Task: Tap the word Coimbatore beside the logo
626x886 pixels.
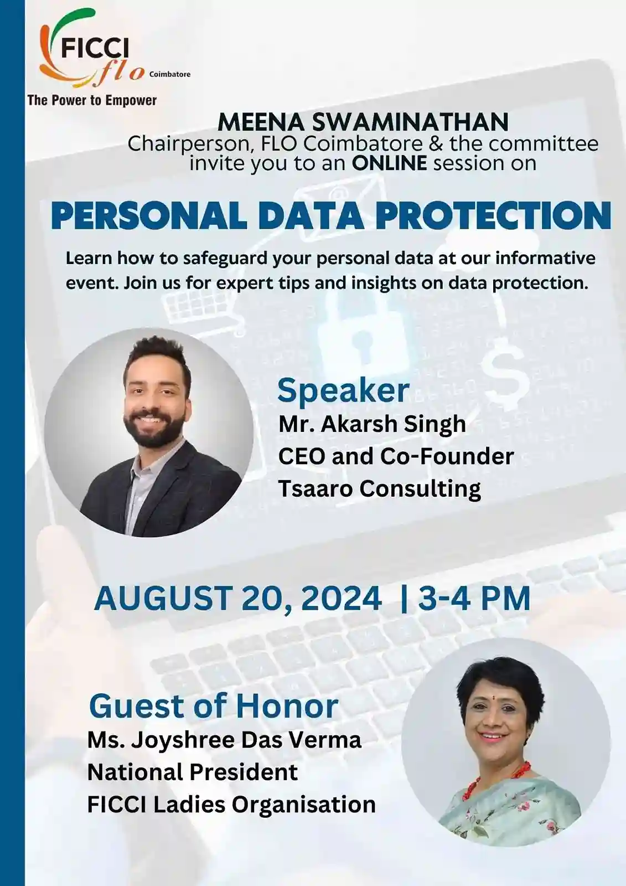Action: coord(170,74)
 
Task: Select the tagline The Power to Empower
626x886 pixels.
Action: coord(92,100)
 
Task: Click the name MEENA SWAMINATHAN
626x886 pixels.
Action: coord(363,122)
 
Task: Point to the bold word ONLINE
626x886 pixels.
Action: coord(390,163)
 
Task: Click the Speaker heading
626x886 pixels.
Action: coord(343,390)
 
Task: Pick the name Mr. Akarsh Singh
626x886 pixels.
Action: coord(372,424)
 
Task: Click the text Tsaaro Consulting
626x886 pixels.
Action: coord(380,489)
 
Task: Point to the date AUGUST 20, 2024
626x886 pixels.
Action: coord(237,598)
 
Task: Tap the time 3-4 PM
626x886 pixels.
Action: coord(474,598)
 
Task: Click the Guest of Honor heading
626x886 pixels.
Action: coord(214,705)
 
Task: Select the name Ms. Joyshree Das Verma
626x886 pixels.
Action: coord(224,741)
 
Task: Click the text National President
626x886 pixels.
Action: coord(193,772)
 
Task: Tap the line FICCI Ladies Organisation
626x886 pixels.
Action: coord(231,804)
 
